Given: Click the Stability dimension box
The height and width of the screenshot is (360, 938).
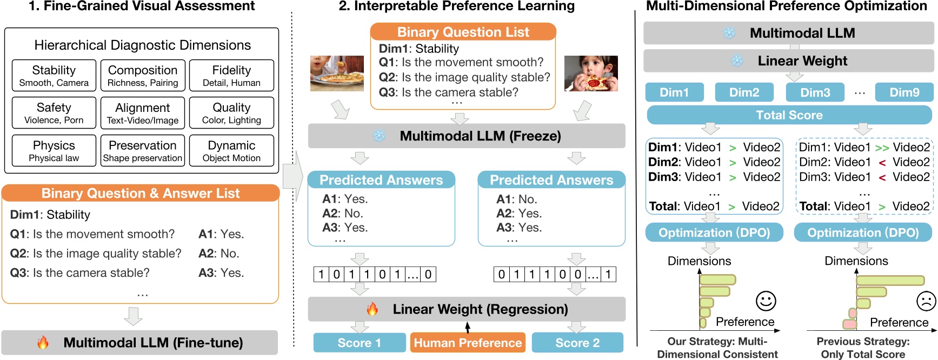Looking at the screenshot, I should pyautogui.click(x=54, y=75).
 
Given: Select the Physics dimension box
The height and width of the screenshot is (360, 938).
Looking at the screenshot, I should pyautogui.click(x=54, y=150).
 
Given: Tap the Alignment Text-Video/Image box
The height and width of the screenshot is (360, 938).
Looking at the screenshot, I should pyautogui.click(x=143, y=113).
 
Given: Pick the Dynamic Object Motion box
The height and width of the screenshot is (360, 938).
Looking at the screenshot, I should pyautogui.click(x=231, y=150).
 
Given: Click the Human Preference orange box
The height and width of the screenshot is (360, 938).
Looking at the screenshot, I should pyautogui.click(x=468, y=343).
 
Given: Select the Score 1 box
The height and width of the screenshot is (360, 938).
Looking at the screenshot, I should pyautogui.click(x=360, y=343).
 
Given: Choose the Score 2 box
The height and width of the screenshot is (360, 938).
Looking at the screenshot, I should pyautogui.click(x=577, y=343).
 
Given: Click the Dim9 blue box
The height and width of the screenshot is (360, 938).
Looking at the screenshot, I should pyautogui.click(x=904, y=92).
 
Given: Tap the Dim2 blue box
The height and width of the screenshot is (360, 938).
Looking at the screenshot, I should pyautogui.click(x=744, y=92).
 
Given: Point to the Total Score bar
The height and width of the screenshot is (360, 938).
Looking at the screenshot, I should pyautogui.click(x=789, y=115).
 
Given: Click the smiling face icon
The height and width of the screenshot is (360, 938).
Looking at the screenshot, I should pyautogui.click(x=766, y=301).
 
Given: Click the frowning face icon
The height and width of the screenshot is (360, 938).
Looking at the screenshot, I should pyautogui.click(x=926, y=301).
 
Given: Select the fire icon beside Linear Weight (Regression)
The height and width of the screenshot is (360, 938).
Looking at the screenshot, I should pyautogui.click(x=372, y=309).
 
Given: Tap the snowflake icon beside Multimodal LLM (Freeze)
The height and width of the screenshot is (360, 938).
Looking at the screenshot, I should pyautogui.click(x=379, y=136).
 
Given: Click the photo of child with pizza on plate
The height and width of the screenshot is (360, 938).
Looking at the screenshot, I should pyautogui.click(x=337, y=73).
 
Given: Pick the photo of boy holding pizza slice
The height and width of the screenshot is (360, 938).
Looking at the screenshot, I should pyautogui.click(x=591, y=73).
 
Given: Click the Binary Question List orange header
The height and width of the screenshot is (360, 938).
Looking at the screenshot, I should pyautogui.click(x=463, y=32).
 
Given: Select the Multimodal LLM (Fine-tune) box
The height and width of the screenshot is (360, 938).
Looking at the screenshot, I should pyautogui.click(x=139, y=343).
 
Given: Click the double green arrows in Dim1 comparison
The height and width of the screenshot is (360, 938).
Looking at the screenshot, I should pyautogui.click(x=882, y=148).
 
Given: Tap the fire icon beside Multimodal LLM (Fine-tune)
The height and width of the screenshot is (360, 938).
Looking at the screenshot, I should pyautogui.click(x=43, y=342).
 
